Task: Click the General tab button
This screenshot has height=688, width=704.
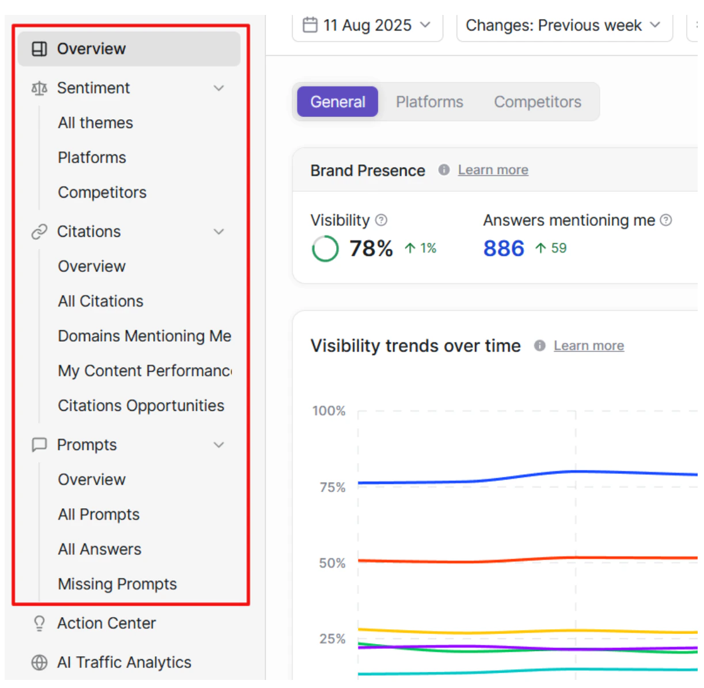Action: point(337,102)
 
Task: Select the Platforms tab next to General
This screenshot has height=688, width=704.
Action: point(429,102)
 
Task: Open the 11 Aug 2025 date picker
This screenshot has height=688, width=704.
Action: point(367,25)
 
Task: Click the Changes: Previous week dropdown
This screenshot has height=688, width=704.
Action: point(563,25)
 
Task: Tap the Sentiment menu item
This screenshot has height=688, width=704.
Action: point(93,88)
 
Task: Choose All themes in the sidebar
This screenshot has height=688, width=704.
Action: point(96,123)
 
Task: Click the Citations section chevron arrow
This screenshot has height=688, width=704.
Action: point(219,232)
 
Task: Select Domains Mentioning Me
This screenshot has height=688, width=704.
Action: point(144,336)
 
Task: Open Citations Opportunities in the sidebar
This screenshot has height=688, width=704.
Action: point(141,406)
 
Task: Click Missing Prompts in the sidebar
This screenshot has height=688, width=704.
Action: point(117,584)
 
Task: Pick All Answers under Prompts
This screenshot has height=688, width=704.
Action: point(100,549)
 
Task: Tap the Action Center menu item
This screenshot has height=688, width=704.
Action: point(106,623)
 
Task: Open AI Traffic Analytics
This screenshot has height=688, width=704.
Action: point(124,663)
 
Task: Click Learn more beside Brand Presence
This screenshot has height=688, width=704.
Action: point(493,170)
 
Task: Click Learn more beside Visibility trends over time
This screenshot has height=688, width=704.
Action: point(589,346)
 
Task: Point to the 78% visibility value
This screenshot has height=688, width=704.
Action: point(371,249)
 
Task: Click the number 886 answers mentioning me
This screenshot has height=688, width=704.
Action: point(504,249)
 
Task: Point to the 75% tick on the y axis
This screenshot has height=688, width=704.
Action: point(333,487)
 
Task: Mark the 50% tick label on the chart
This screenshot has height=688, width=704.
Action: point(332,563)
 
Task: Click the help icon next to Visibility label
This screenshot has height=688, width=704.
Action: point(381,220)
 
